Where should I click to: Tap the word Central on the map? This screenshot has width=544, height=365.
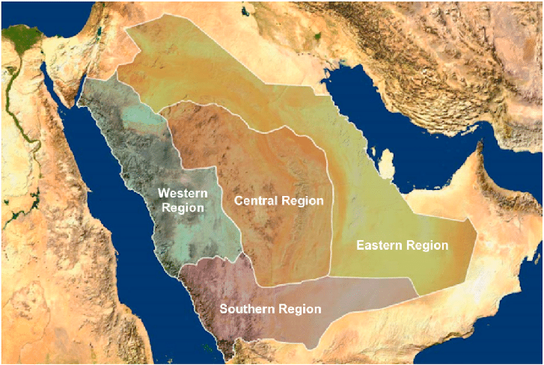pyautogui.click(x=256, y=200)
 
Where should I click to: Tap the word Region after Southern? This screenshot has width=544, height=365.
pyautogui.click(x=298, y=308)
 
